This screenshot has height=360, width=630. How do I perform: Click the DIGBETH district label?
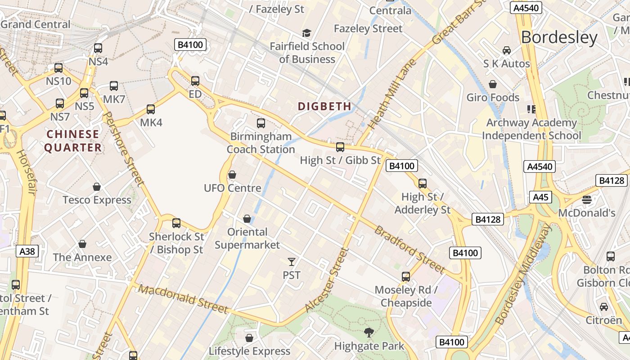(x=324, y=107)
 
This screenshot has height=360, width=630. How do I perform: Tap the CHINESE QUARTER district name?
(x=73, y=141)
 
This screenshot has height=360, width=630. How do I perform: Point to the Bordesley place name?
(x=559, y=37)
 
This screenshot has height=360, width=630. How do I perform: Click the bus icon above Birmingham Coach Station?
(x=261, y=123)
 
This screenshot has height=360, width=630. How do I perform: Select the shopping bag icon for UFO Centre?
(x=232, y=174)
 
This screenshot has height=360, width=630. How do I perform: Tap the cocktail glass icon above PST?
(x=292, y=261)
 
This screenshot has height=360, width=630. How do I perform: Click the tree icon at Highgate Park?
(x=369, y=333)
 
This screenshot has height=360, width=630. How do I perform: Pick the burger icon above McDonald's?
(x=586, y=199)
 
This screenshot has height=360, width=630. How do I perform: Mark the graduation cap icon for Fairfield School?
(x=306, y=33)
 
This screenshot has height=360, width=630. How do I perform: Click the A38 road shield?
(x=27, y=251)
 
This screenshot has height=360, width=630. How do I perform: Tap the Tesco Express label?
(x=97, y=200)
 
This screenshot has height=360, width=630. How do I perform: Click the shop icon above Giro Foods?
(x=493, y=84)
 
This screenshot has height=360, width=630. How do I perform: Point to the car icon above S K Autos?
(x=507, y=50)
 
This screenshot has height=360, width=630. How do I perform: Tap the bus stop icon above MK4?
(x=151, y=109)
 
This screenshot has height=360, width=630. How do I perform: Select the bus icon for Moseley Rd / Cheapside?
(x=406, y=277)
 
